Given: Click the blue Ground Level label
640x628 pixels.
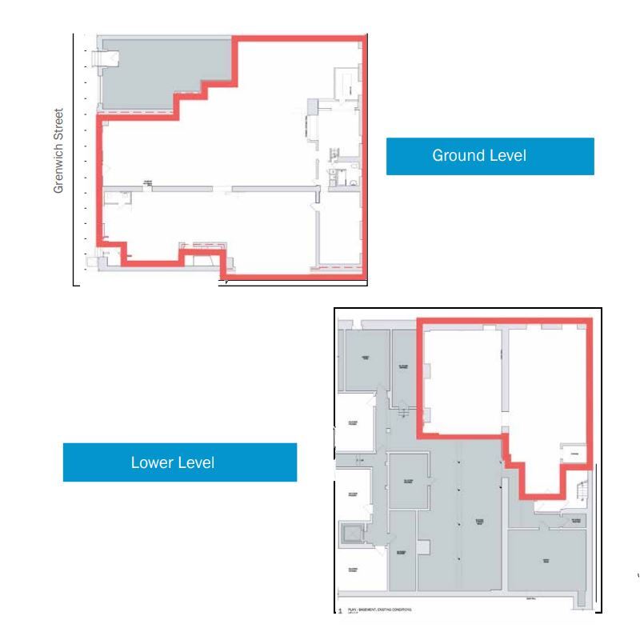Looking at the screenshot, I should pos(490,156).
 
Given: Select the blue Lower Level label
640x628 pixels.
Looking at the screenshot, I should pos(179,462).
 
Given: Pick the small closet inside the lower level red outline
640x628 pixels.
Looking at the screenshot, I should pos(574,454).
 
